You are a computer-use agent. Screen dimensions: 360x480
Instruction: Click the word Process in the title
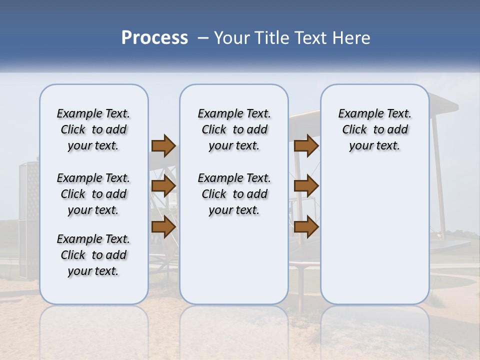click(x=154, y=38)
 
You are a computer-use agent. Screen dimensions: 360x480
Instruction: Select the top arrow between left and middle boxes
click(x=163, y=145)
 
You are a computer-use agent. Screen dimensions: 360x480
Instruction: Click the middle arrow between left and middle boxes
click(x=163, y=186)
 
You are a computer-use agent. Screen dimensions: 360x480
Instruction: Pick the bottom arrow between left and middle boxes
click(x=163, y=226)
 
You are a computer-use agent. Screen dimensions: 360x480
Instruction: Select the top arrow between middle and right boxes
click(x=306, y=145)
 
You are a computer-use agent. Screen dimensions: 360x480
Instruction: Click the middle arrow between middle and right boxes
click(x=306, y=186)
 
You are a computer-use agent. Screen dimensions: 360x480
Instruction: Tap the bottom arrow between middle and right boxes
click(x=306, y=226)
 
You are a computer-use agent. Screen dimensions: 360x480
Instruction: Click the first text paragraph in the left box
click(x=93, y=129)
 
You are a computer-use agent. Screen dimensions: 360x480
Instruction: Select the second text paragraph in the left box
click(x=93, y=194)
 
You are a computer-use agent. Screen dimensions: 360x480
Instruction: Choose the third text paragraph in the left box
click(x=93, y=255)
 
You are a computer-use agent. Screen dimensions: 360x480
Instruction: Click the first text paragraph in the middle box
click(x=234, y=129)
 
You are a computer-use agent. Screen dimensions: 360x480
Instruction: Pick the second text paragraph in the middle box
click(x=234, y=194)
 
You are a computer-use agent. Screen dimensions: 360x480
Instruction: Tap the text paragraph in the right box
click(x=374, y=129)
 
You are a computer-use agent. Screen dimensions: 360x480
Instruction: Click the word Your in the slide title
click(x=229, y=38)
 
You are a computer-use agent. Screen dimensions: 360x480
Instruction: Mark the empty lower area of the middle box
click(x=234, y=260)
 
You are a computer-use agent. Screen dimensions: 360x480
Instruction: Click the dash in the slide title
click(x=203, y=38)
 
